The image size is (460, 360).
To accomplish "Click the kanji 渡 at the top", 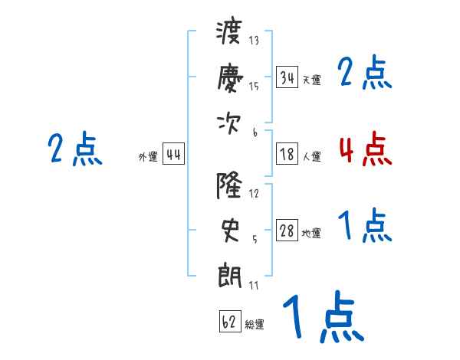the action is [229, 32].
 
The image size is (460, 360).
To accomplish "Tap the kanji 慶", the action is [230, 78].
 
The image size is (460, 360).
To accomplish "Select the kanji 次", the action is [228, 124].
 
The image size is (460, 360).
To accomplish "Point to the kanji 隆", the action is [229, 185].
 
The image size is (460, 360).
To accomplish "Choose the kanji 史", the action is [230, 231].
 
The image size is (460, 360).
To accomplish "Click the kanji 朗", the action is [230, 277].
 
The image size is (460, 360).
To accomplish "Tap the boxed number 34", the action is [287, 77].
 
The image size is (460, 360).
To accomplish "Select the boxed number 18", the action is [287, 154].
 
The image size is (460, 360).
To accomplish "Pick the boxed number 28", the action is [287, 231].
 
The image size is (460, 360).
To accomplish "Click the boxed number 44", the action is [173, 154].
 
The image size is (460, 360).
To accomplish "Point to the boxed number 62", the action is [230, 322].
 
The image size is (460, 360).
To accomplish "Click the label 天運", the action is [312, 80].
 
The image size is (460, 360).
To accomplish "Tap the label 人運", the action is [312, 156].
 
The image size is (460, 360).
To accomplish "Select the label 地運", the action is [311, 234].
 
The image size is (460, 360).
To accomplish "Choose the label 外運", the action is [148, 157].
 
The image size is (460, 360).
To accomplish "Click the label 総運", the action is [255, 325].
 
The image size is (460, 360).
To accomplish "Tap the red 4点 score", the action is [366, 149].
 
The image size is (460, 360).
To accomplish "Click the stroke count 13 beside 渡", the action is [254, 40].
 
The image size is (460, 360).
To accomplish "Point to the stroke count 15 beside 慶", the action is [254, 87].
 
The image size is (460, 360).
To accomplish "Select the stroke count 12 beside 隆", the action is [254, 194].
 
